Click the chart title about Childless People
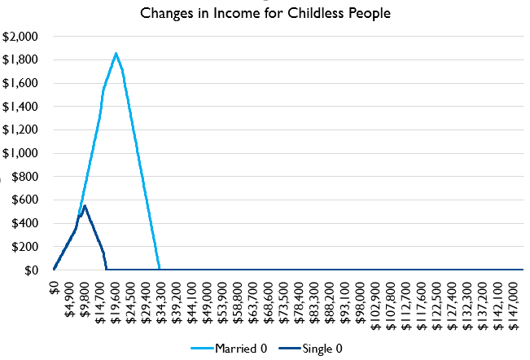(265, 13)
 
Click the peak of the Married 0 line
(116, 53)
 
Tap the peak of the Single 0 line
(85, 205)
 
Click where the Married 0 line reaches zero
(160, 270)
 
